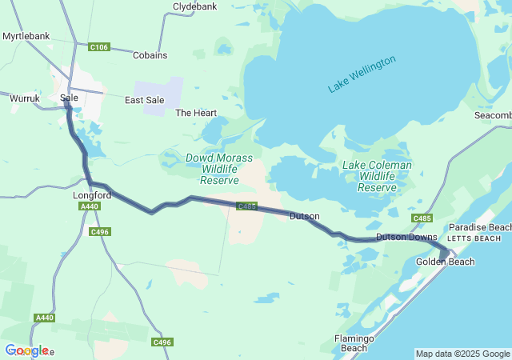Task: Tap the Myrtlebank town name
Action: (26, 37)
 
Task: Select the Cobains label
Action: (150, 55)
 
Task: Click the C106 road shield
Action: (99, 47)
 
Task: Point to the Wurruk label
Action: (25, 98)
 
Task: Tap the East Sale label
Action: (145, 100)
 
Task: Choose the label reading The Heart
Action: (196, 113)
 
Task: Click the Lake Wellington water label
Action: (362, 74)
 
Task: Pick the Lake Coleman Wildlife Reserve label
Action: (377, 176)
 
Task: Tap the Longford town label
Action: (90, 194)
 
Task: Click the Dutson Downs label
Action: (406, 237)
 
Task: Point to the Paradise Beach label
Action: (479, 228)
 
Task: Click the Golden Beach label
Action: (445, 262)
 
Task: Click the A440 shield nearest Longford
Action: (90, 206)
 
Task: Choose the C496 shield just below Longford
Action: (99, 232)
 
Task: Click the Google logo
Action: (26, 350)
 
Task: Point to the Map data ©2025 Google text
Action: (462, 354)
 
